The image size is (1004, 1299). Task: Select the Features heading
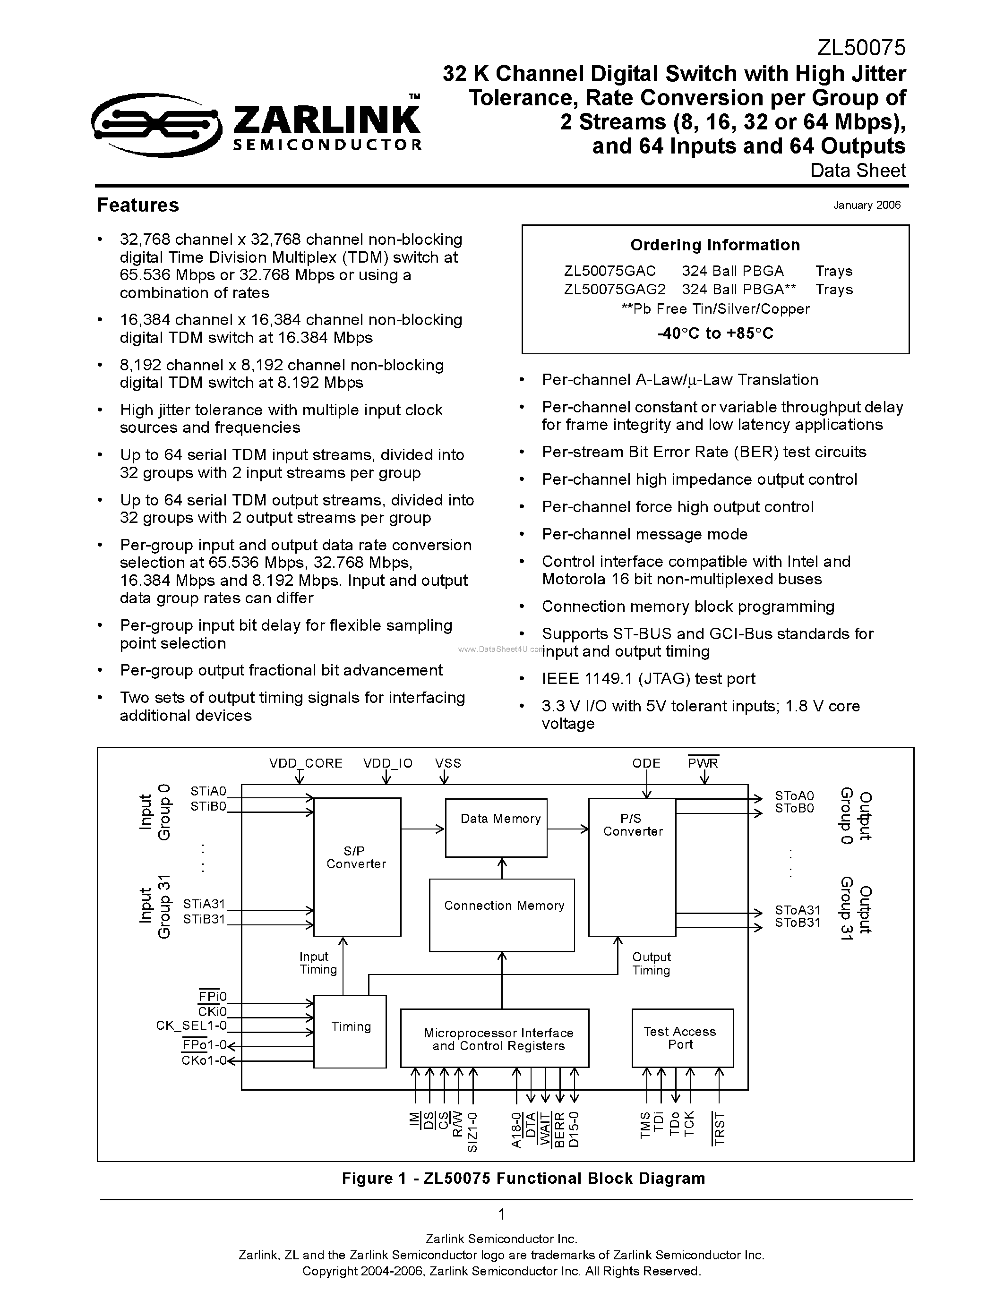tap(138, 205)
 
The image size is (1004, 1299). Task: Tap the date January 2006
tap(867, 205)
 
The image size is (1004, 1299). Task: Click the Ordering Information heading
tap(715, 245)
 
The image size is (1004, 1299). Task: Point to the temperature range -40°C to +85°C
tap(715, 333)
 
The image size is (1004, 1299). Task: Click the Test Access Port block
tap(682, 1038)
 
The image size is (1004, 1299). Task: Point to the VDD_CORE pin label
tap(306, 763)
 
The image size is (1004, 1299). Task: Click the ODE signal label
tap(646, 763)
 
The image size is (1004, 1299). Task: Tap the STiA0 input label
tap(208, 792)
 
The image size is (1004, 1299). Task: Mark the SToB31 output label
tap(797, 923)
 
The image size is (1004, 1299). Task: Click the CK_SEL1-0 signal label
tap(191, 1026)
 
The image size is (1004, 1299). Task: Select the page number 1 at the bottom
tap(501, 1214)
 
